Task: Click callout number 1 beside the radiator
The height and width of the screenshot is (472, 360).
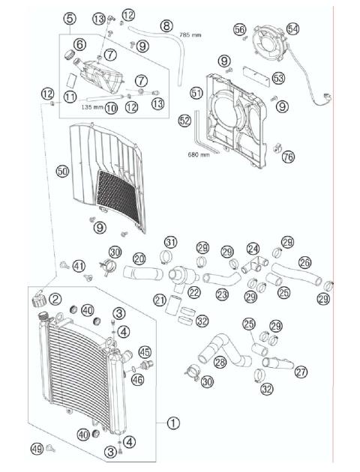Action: click(173, 423)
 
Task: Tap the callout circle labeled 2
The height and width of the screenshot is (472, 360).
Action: click(56, 299)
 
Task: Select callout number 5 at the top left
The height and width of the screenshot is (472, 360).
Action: click(70, 18)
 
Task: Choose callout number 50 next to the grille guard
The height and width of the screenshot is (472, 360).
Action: click(62, 172)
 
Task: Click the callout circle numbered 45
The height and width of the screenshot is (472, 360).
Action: click(145, 352)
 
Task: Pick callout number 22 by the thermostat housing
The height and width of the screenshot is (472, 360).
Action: click(194, 292)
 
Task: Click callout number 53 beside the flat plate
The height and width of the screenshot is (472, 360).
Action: click(278, 78)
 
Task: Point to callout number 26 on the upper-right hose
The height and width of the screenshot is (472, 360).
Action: click(305, 263)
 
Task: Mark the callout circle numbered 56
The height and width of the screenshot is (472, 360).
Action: click(239, 29)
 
